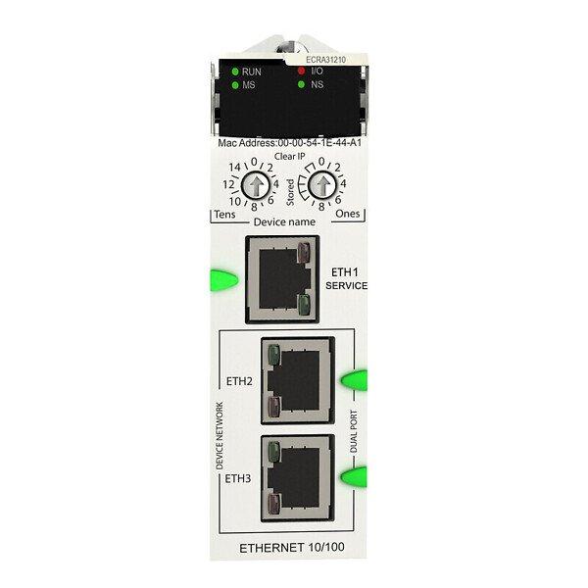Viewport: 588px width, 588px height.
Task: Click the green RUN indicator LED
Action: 235,72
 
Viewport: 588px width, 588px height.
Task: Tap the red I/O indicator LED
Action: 301,71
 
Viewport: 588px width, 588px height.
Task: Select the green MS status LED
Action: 235,85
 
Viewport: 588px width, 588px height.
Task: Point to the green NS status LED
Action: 301,84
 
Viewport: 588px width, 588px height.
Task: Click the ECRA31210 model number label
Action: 326,60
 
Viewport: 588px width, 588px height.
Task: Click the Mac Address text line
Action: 289,143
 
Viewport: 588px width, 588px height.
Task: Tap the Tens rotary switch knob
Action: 256,185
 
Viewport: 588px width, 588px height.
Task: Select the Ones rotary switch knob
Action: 322,185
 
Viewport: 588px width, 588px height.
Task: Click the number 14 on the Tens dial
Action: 235,168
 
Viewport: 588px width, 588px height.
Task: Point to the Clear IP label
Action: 289,157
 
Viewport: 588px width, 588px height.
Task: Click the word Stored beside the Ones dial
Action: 290,192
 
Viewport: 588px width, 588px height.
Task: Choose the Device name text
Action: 284,222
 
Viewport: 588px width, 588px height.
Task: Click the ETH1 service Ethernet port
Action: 282,279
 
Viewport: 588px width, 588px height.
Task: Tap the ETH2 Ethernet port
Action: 298,380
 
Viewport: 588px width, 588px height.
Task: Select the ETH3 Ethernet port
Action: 298,478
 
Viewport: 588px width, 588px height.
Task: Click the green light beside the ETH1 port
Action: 223,279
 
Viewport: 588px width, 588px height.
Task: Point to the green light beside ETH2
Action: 354,380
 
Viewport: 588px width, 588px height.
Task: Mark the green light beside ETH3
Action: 354,476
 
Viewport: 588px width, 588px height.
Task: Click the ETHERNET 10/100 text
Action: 292,548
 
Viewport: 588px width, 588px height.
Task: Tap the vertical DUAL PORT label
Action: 354,431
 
